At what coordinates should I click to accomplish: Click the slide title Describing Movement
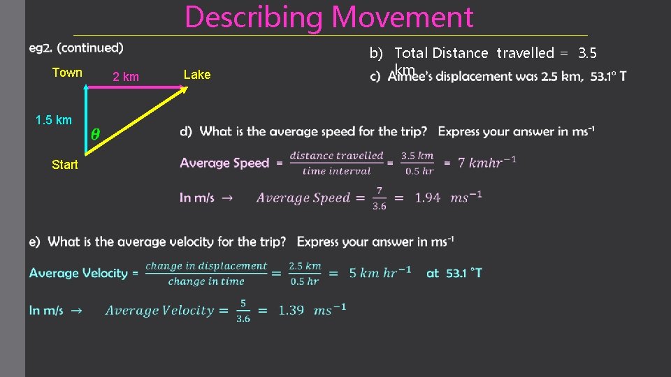coord(329,17)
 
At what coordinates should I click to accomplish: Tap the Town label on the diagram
coord(67,73)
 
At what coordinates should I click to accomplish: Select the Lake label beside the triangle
coord(196,75)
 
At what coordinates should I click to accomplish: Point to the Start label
coord(65,165)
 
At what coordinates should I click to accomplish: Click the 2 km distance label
coord(126,77)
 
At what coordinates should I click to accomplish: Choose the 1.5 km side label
coord(53,120)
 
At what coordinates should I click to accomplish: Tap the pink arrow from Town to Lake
coord(133,87)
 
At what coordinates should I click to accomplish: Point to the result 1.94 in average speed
coord(428,198)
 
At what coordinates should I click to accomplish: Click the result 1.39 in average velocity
coord(291,311)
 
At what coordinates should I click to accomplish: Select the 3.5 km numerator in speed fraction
coord(417,156)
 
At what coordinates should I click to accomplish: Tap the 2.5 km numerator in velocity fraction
coord(305,266)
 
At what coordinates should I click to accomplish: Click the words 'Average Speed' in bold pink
coord(224,163)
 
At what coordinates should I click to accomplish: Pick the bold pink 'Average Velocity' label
coord(78,274)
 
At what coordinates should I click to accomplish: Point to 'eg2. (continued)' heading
coord(76,48)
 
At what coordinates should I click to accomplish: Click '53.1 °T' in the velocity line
coord(454,273)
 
